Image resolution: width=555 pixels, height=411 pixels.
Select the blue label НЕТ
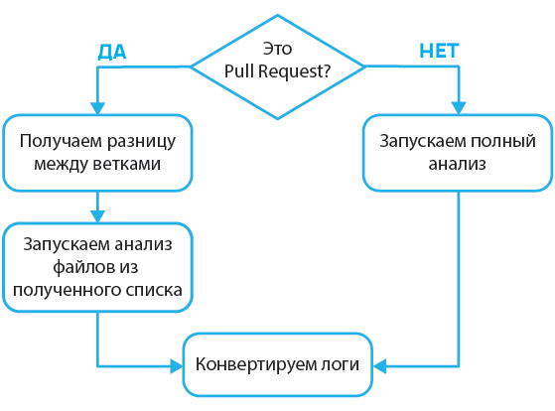438,51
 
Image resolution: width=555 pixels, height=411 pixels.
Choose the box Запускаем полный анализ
457,151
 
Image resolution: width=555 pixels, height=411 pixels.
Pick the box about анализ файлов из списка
97,267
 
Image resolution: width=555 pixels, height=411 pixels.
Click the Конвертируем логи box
278,362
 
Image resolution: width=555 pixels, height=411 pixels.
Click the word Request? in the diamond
295,70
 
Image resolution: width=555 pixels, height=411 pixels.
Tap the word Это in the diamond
277,48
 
